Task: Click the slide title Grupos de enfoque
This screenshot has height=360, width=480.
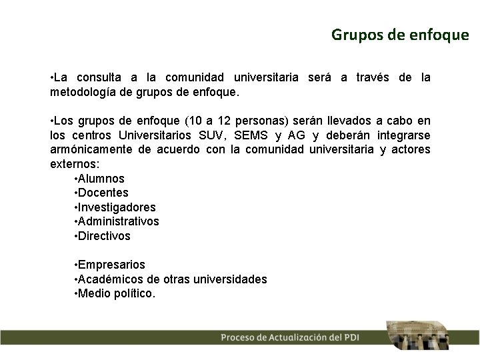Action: pos(400,34)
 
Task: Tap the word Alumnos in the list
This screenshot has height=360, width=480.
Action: pos(101,179)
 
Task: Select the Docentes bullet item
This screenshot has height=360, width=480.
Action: pos(103,193)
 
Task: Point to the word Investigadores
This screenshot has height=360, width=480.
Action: pos(117,207)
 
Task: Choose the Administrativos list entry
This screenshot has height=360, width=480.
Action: pos(119,221)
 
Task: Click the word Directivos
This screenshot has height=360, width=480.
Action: pos(105,236)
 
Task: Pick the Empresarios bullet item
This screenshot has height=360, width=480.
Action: pos(112,265)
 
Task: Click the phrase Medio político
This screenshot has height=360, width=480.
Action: pos(117,293)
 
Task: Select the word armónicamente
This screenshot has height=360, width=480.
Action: pos(92,149)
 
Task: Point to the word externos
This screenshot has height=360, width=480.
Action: pos(73,164)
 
